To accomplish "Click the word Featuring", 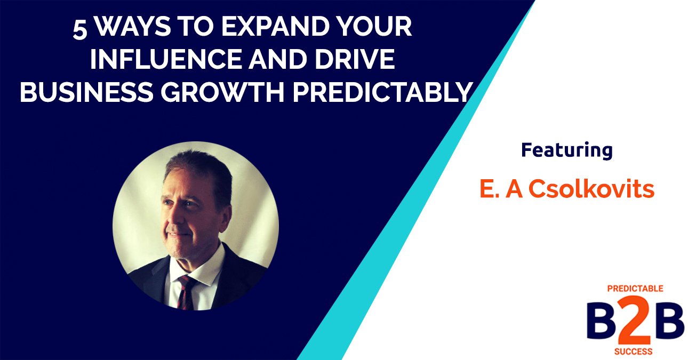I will point(566,151).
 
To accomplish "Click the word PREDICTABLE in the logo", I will point(635,289).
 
